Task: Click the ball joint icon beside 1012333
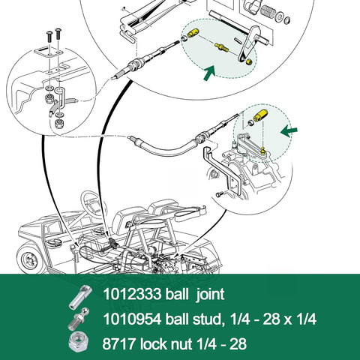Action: pyautogui.click(x=82, y=295)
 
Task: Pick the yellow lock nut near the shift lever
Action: pyautogui.click(x=247, y=63)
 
